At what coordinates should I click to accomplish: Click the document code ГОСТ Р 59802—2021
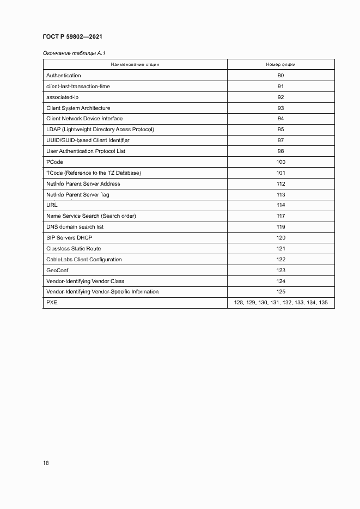click(72, 36)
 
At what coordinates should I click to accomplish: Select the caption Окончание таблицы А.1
click(69, 53)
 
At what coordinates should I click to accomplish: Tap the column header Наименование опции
click(135, 64)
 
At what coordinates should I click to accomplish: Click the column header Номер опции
click(280, 64)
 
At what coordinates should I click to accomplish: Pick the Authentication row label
click(64, 76)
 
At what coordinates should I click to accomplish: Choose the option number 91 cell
click(280, 87)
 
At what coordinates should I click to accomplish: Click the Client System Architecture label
click(78, 108)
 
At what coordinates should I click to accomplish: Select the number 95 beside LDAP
click(280, 130)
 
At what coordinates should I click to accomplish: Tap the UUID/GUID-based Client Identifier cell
click(88, 140)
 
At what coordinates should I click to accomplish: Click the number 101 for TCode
click(280, 173)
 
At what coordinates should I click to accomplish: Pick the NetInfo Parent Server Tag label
click(78, 194)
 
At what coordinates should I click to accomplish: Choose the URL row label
click(52, 205)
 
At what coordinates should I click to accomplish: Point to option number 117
click(280, 216)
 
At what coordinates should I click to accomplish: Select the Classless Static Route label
click(74, 249)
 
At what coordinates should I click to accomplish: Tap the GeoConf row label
click(58, 270)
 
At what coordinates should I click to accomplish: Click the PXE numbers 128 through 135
click(280, 303)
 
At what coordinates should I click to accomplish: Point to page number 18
click(46, 463)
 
